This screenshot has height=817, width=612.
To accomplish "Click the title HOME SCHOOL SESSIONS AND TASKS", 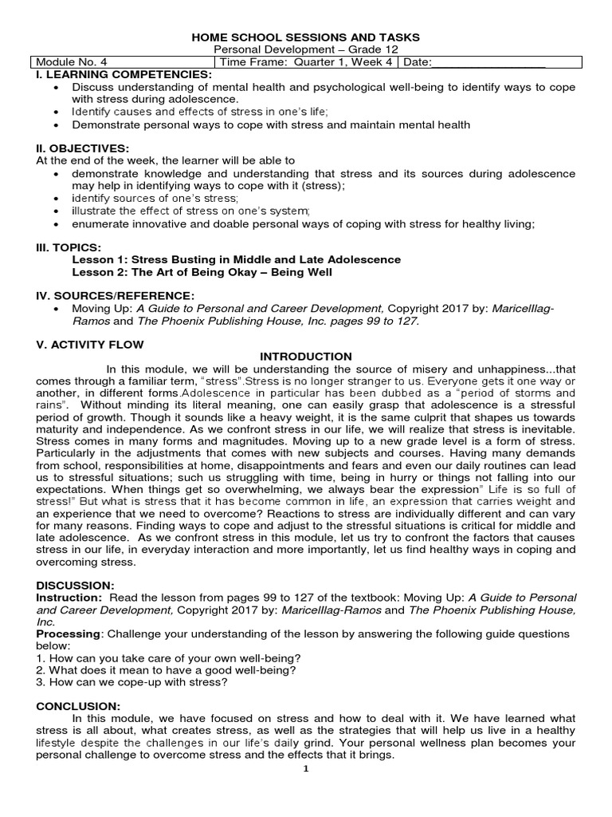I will pos(306,37).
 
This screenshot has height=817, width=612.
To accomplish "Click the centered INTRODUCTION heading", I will pos(306,356).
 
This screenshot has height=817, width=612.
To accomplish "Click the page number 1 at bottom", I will pos(306,768).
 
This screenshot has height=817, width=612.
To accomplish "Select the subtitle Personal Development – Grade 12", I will pos(306,50).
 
